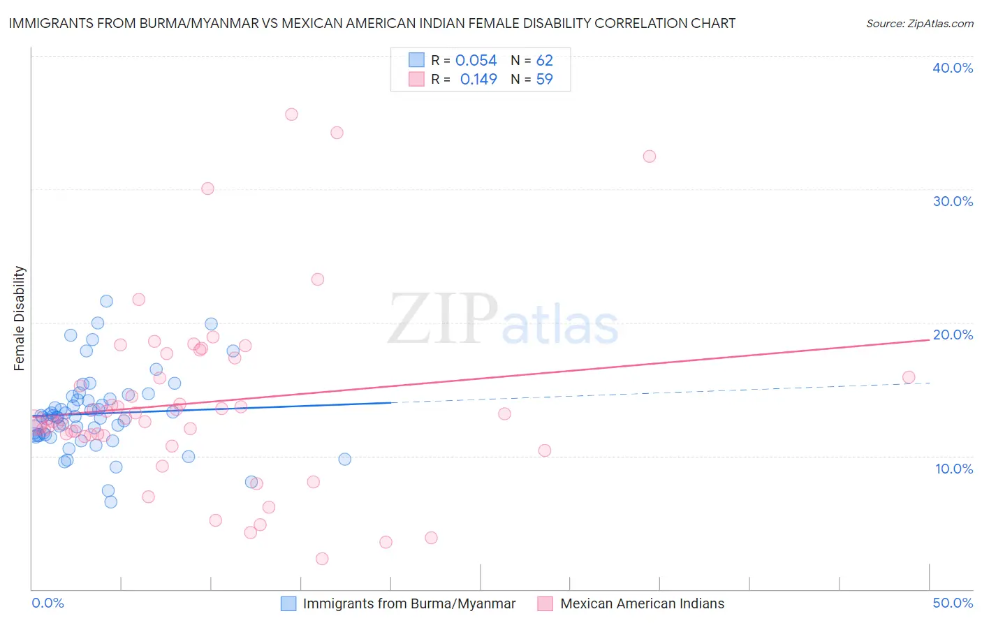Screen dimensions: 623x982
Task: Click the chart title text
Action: pos(372,23)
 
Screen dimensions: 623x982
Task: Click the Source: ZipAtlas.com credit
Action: pos(919,23)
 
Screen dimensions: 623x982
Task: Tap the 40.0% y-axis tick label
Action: pos(952,68)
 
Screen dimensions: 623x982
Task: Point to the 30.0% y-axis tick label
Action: pos(952,201)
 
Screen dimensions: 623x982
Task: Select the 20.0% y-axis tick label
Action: pos(952,335)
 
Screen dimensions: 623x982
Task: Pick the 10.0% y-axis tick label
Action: pos(953,469)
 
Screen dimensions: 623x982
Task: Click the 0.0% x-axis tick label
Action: pos(47,603)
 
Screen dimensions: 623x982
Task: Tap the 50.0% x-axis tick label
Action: pos(953,603)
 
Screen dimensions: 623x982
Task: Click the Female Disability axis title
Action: pos(20,318)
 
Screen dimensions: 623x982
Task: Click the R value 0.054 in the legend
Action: pos(476,61)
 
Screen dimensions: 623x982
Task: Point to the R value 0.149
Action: pos(478,80)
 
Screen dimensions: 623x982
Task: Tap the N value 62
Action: pos(544,61)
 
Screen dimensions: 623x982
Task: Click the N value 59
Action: pos(544,80)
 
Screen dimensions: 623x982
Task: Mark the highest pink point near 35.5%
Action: pos(291,115)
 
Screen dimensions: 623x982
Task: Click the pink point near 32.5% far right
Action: pos(650,156)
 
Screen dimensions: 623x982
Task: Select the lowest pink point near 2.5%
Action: pos(322,559)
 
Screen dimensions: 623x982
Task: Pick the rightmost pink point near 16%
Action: pos(909,377)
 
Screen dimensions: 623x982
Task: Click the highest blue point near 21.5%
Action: pos(106,301)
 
